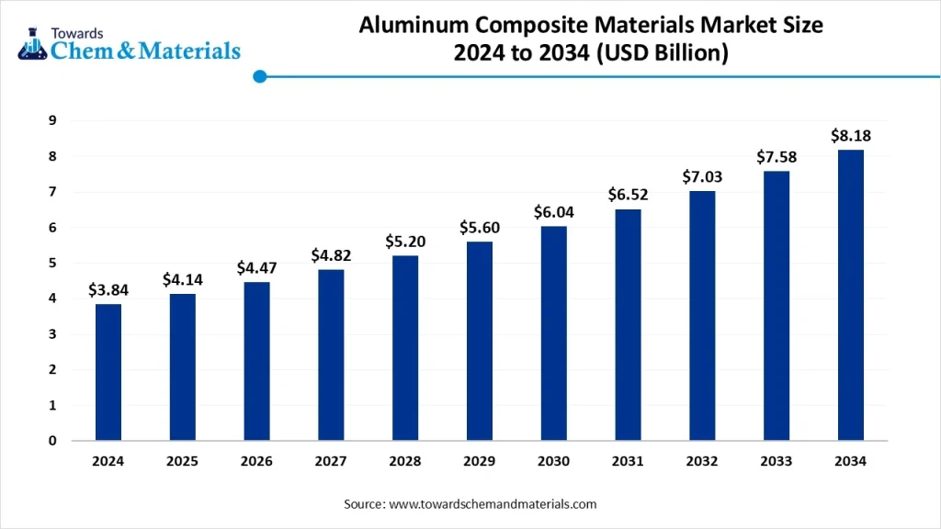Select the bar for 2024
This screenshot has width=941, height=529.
click(x=108, y=372)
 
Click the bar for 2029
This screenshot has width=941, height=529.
click(x=480, y=341)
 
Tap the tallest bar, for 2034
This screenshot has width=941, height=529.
click(x=851, y=295)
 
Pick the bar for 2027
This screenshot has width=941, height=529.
click(x=331, y=355)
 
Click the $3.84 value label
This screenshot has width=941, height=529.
click(x=108, y=289)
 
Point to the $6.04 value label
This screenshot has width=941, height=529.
click(x=553, y=212)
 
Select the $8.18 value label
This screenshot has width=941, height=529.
click(x=851, y=136)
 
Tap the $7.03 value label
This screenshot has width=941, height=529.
click(x=702, y=176)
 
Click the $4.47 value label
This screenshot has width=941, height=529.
click(x=256, y=267)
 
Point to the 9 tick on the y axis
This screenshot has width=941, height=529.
click(x=53, y=120)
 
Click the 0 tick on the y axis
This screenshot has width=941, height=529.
click(x=53, y=441)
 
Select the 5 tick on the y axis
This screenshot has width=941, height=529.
click(x=53, y=263)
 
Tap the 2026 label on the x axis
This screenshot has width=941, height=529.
click(x=256, y=462)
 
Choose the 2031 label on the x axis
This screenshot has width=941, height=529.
click(x=628, y=462)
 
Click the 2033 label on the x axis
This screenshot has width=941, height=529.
click(x=777, y=462)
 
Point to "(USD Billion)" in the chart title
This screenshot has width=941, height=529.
click(x=662, y=53)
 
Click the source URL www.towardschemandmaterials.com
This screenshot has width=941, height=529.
click(x=493, y=504)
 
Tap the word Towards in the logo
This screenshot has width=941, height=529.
click(x=78, y=32)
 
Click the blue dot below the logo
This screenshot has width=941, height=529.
click(x=260, y=77)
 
